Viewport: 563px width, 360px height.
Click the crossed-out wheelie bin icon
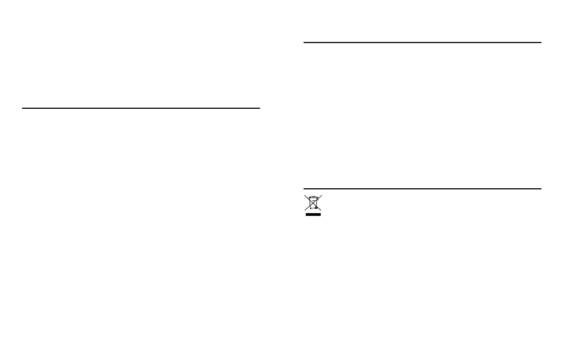point(312,203)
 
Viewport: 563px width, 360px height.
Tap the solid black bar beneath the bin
point(312,214)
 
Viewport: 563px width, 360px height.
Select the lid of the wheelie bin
point(312,198)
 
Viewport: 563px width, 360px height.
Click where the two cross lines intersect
point(312,203)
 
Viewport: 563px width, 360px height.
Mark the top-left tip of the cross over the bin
point(304,195)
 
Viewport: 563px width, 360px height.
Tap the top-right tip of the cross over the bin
point(321,195)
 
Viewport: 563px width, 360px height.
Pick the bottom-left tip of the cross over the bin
point(305,210)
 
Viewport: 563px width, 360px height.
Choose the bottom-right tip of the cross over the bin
point(321,210)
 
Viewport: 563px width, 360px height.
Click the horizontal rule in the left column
point(141,108)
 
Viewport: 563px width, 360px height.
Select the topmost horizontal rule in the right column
point(422,42)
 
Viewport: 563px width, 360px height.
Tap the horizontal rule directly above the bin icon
point(422,189)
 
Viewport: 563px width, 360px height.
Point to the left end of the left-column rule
point(23,108)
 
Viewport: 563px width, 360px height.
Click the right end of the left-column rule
point(259,108)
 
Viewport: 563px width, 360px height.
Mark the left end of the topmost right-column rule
point(304,42)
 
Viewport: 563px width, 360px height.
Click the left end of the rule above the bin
point(304,189)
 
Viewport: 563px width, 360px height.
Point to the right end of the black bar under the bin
point(320,214)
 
